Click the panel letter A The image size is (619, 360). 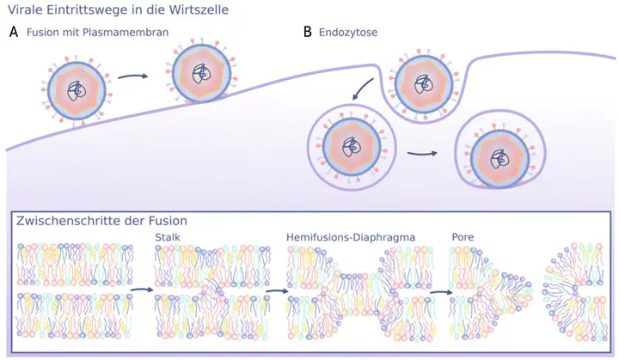(x=13, y=33)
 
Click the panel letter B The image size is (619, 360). (x=308, y=33)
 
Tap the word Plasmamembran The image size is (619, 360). (x=126, y=33)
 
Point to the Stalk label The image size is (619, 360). (x=169, y=235)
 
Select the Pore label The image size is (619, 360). (x=463, y=235)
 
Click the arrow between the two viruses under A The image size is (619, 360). (x=132, y=76)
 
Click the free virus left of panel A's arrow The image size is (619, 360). (x=77, y=89)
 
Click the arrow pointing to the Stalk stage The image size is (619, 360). (x=141, y=290)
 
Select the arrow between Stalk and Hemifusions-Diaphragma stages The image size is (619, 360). (x=276, y=290)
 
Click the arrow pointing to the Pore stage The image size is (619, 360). (x=440, y=290)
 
